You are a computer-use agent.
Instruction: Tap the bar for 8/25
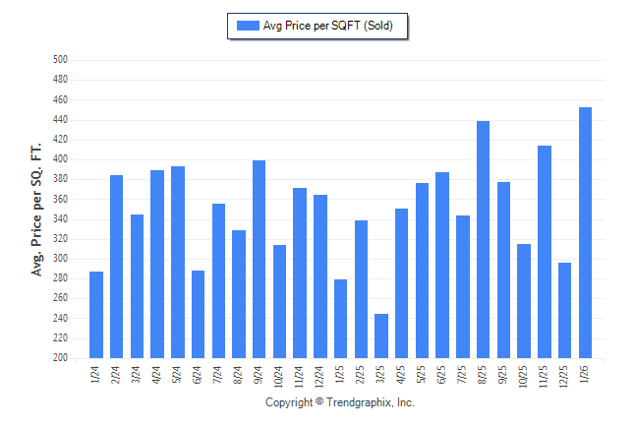pyautogui.click(x=483, y=240)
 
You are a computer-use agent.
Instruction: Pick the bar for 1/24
pyautogui.click(x=96, y=315)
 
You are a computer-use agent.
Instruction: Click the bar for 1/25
pyautogui.click(x=340, y=319)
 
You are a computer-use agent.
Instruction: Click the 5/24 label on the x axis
pyautogui.click(x=178, y=375)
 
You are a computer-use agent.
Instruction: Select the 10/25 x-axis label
pyautogui.click(x=525, y=377)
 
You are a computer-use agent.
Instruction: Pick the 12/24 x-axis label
pyautogui.click(x=320, y=377)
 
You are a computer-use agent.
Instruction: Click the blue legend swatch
pyautogui.click(x=247, y=26)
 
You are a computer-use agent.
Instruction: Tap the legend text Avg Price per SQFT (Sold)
pyautogui.click(x=328, y=26)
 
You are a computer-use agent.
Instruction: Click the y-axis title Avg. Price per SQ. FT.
pyautogui.click(x=37, y=209)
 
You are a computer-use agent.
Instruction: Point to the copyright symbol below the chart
pyautogui.click(x=318, y=402)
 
